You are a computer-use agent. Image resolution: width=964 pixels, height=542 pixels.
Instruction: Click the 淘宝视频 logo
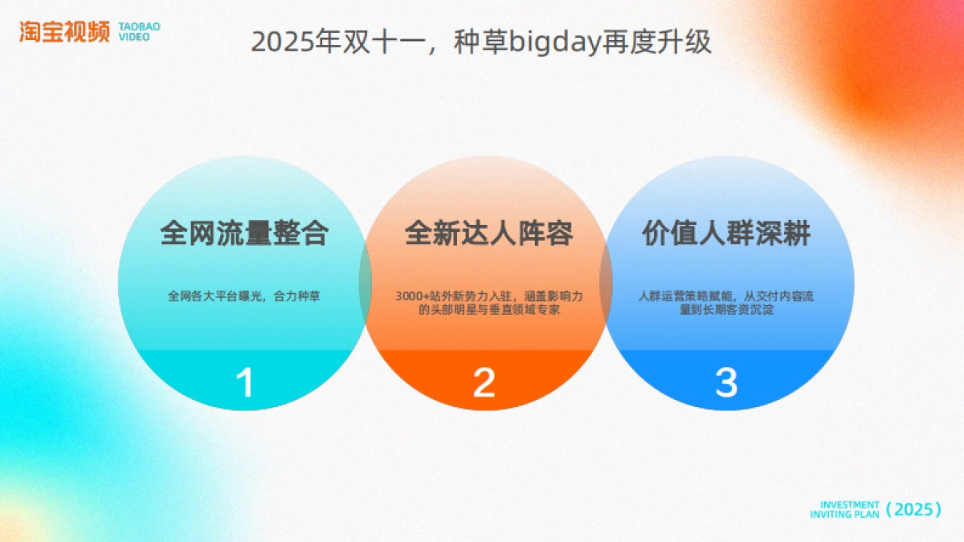tap(65, 31)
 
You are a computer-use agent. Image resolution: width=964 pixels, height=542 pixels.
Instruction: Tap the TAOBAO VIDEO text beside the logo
tap(139, 31)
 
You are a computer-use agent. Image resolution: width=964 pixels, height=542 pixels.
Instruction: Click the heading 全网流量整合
tap(244, 234)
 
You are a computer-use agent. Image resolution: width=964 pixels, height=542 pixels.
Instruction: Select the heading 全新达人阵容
tap(488, 234)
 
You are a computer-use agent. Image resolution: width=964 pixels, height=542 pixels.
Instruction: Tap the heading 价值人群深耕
tap(726, 234)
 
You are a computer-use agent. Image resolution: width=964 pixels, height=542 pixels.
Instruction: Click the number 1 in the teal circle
tap(244, 383)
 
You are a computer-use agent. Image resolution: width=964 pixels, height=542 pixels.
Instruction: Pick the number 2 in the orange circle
tap(484, 383)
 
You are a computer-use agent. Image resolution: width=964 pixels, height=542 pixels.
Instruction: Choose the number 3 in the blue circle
tap(725, 383)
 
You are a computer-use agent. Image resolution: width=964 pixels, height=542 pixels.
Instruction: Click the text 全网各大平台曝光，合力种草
tap(244, 296)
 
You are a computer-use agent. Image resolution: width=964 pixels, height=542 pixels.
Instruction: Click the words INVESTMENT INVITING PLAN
tap(844, 509)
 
